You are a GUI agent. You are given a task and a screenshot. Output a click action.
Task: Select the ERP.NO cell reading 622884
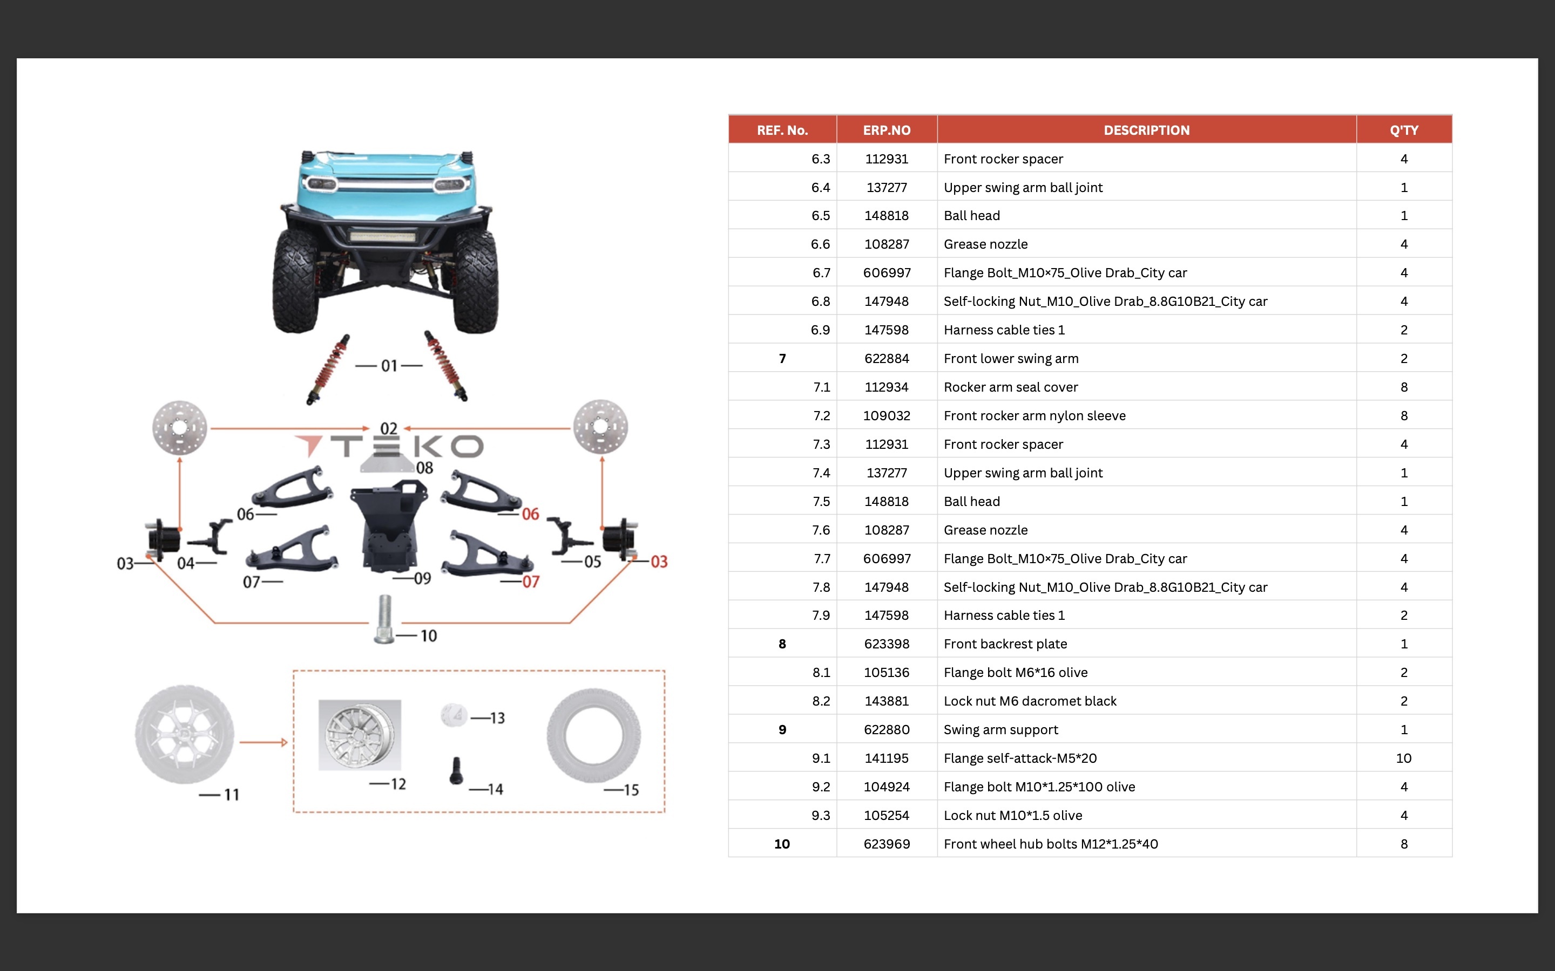tap(886, 358)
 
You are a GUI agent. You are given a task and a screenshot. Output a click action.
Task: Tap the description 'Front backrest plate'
tap(1005, 644)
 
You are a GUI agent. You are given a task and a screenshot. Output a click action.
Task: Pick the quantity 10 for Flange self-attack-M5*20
tap(1403, 758)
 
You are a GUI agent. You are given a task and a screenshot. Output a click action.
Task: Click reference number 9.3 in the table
tap(821, 815)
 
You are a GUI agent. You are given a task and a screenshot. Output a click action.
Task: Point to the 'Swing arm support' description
tap(1000, 729)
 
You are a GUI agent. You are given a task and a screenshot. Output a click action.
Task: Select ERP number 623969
tap(886, 844)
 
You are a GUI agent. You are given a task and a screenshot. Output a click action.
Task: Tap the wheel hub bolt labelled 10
tap(384, 618)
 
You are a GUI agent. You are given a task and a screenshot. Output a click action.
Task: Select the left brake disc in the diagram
tap(180, 427)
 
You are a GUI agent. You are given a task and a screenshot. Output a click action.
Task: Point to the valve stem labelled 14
tap(456, 771)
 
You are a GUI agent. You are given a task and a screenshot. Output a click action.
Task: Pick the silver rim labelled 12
tap(359, 735)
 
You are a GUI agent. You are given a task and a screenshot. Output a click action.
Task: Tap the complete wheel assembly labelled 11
tap(185, 734)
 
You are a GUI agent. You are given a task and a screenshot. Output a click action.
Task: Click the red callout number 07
tap(531, 582)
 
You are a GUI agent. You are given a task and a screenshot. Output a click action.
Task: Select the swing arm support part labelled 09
tap(389, 526)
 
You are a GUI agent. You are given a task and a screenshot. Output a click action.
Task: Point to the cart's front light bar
tap(383, 236)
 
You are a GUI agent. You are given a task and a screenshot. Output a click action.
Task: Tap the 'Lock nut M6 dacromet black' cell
tap(1030, 701)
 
